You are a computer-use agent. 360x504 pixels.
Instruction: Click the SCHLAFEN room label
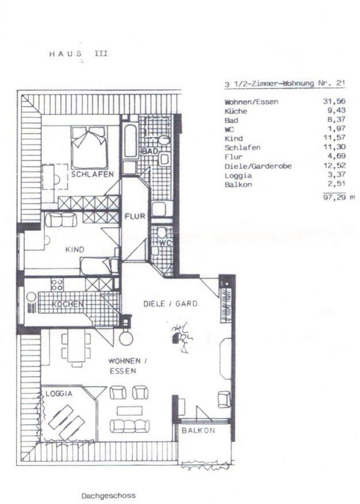[93, 174]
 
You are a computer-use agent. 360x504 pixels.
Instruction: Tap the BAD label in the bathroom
[150, 151]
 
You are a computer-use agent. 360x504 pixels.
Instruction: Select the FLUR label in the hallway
[135, 216]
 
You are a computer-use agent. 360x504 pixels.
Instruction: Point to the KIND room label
[75, 250]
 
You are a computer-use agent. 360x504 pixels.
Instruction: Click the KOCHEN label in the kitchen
[67, 304]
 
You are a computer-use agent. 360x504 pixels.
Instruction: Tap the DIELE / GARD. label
[171, 303]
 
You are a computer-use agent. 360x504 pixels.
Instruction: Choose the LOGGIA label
[59, 394]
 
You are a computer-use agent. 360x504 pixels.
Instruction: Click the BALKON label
[198, 430]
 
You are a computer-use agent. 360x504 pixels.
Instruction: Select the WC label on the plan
[165, 243]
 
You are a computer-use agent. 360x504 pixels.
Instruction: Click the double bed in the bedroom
[90, 147]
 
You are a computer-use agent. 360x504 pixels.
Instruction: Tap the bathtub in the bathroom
[131, 140]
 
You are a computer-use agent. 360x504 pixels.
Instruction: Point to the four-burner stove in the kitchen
[57, 284]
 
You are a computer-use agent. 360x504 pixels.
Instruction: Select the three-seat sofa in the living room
[129, 426]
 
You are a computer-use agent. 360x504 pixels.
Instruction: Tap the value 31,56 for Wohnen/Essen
[334, 101]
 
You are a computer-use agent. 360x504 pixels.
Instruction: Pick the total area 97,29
[334, 197]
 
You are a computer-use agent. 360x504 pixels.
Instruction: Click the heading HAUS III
[78, 54]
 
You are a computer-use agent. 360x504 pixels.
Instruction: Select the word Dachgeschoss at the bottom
[109, 495]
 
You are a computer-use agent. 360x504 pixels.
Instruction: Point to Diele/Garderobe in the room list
[258, 166]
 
